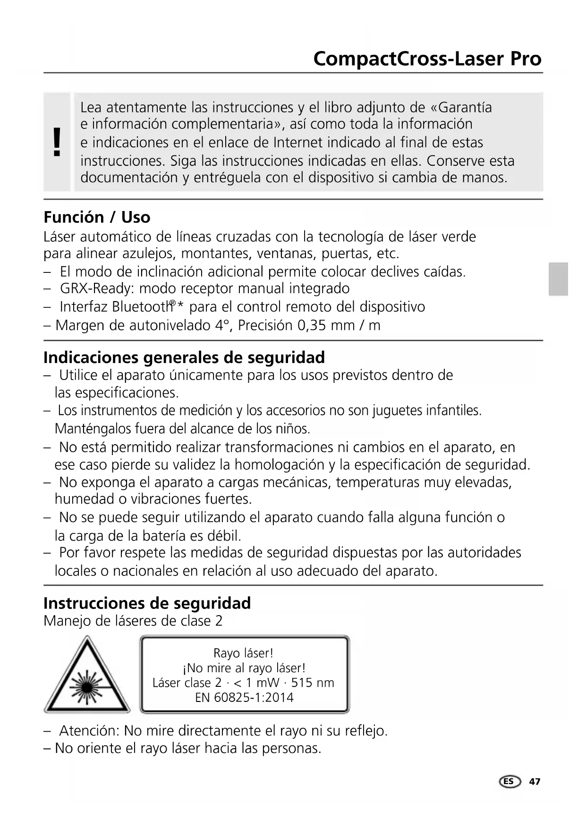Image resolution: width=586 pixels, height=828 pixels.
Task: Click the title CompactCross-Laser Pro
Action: pyautogui.click(x=427, y=59)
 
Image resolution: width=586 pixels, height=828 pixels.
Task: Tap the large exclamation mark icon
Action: pyautogui.click(x=57, y=142)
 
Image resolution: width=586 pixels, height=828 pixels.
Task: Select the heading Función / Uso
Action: pyautogui.click(x=97, y=217)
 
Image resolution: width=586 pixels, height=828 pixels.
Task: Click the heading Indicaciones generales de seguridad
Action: pyautogui.click(x=184, y=357)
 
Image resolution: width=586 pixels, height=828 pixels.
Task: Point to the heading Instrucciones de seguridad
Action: pyautogui.click(x=147, y=603)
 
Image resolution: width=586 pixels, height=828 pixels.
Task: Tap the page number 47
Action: pyautogui.click(x=535, y=782)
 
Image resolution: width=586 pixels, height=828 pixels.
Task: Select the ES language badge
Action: pyautogui.click(x=510, y=782)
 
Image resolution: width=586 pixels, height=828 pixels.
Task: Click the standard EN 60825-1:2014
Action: pyautogui.click(x=244, y=698)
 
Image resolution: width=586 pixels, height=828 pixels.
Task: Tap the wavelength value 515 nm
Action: pyautogui.click(x=313, y=683)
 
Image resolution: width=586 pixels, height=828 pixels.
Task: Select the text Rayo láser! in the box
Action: pyautogui.click(x=243, y=653)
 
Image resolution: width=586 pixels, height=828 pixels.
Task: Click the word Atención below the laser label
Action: pyautogui.click(x=89, y=731)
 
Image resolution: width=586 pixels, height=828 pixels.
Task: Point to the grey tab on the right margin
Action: pyautogui.click(x=558, y=279)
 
